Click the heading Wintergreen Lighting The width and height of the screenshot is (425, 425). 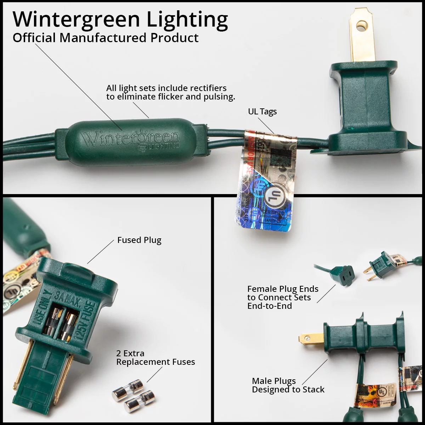pyautogui.click(x=120, y=20)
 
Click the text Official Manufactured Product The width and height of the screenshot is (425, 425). pyautogui.click(x=106, y=38)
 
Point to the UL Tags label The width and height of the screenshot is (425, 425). pyautogui.click(x=262, y=112)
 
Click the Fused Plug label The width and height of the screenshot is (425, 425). pyautogui.click(x=139, y=240)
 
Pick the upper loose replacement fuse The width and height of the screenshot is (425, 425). pyautogui.click(x=127, y=389)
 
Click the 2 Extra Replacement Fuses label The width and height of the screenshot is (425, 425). pyautogui.click(x=155, y=358)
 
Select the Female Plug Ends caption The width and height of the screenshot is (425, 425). pyautogui.click(x=283, y=297)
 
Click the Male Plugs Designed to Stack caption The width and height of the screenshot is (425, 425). pyautogui.click(x=288, y=385)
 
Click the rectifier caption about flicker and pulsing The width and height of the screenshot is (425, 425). pyautogui.click(x=170, y=92)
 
